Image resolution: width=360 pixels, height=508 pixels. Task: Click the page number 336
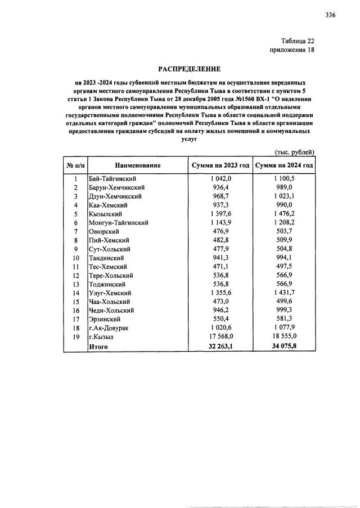click(x=330, y=15)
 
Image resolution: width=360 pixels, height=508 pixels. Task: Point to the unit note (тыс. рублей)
click(x=294, y=152)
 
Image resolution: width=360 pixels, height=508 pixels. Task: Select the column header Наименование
click(x=138, y=165)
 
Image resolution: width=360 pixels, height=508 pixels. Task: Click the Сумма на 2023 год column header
click(x=220, y=165)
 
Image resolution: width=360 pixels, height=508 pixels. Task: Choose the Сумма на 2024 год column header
click(x=284, y=165)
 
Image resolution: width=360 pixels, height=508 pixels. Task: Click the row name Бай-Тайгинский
click(x=113, y=178)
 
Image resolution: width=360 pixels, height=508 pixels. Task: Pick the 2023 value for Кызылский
click(x=220, y=214)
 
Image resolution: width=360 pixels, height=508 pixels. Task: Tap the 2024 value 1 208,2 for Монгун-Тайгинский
click(x=284, y=223)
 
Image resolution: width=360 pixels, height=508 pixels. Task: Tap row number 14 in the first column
click(x=75, y=293)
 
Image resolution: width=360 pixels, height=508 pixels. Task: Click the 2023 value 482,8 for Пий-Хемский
click(x=220, y=240)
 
